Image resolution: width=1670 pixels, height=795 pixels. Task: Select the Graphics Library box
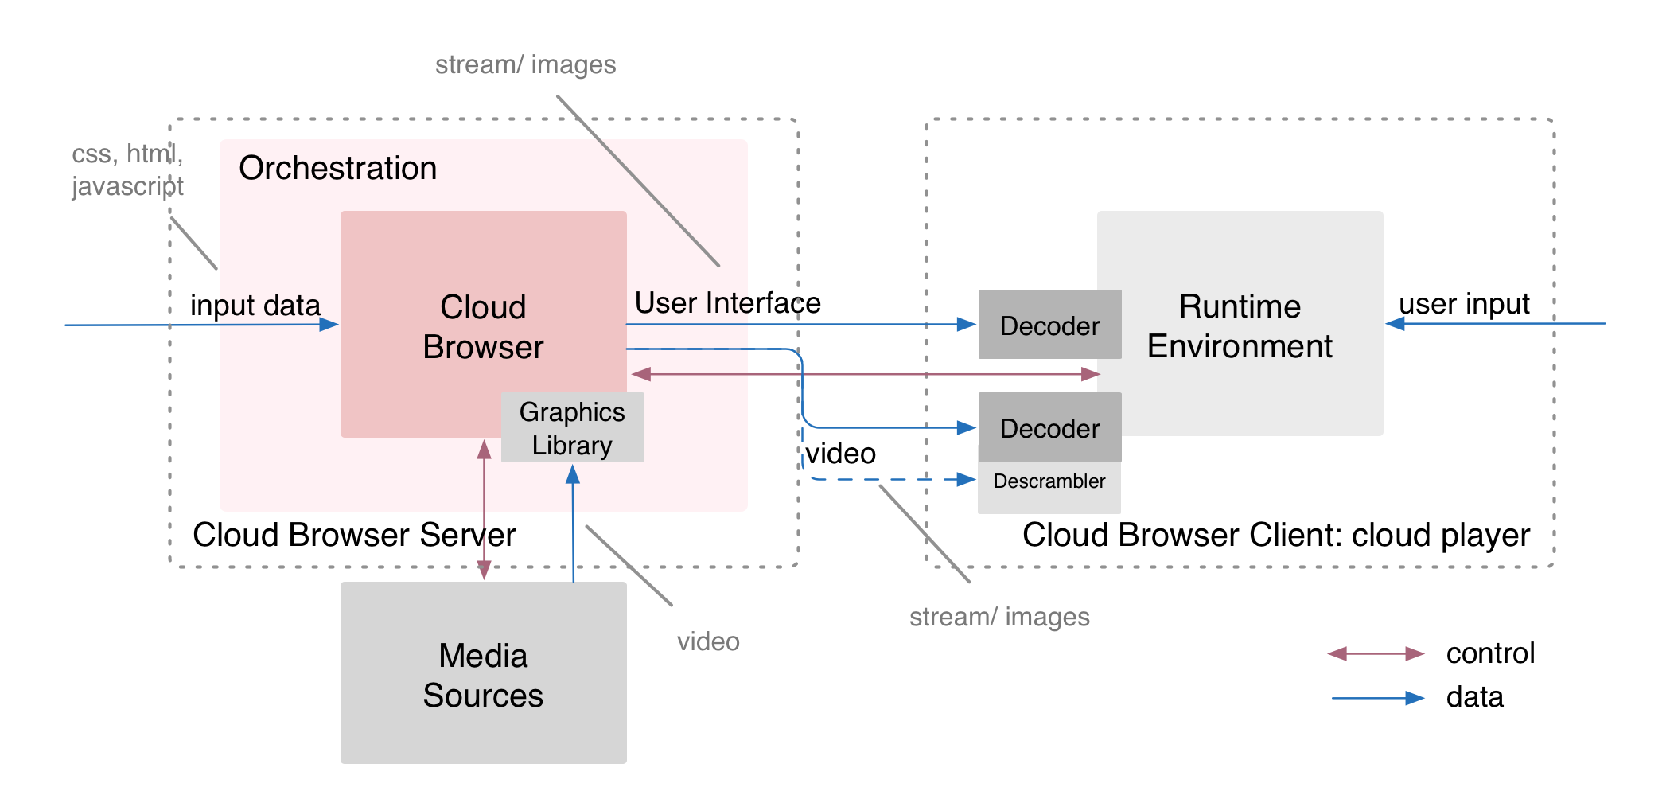click(x=572, y=428)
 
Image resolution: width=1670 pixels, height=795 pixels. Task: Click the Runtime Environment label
click(x=1240, y=326)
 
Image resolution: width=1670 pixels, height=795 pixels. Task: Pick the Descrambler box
click(x=1049, y=482)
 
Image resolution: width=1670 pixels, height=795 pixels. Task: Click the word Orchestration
click(x=337, y=169)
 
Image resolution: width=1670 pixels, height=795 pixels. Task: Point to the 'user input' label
click(x=1464, y=304)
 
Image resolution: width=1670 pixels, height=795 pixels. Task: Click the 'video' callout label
click(x=708, y=641)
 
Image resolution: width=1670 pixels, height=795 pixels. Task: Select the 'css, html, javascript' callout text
click(x=127, y=170)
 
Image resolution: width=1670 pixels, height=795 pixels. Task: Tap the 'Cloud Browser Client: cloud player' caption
click(x=1275, y=536)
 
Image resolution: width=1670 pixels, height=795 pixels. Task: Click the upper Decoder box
click(x=1049, y=325)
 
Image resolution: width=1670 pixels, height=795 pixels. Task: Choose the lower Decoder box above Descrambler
click(x=1049, y=428)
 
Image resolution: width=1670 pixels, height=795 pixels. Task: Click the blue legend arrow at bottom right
click(x=1379, y=698)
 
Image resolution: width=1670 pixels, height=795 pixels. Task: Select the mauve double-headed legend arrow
click(x=1376, y=654)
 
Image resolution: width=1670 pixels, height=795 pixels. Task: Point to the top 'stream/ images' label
click(x=525, y=64)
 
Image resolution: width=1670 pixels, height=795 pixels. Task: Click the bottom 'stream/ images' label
click(x=999, y=617)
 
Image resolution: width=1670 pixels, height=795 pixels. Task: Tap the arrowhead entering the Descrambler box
click(x=966, y=479)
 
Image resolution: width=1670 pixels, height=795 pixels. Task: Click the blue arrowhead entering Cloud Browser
click(x=329, y=325)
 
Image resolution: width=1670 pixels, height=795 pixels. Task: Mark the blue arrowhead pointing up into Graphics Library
click(x=573, y=474)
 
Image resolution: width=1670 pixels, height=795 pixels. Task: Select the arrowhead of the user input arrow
click(x=1396, y=324)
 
